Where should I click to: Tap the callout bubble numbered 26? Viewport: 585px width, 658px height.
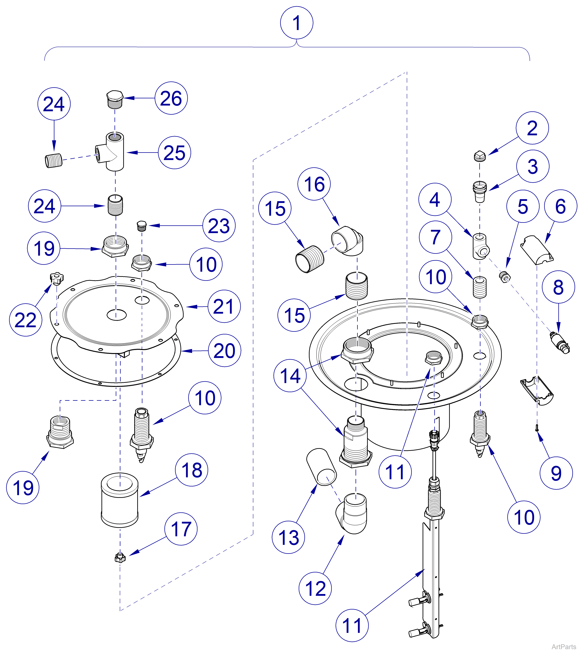171,98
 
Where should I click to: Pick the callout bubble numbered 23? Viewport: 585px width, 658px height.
219,226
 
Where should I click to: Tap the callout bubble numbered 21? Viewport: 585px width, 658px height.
224,306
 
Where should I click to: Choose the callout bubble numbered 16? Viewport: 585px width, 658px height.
314,184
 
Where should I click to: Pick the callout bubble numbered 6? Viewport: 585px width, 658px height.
561,206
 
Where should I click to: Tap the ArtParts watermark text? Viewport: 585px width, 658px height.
564,647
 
